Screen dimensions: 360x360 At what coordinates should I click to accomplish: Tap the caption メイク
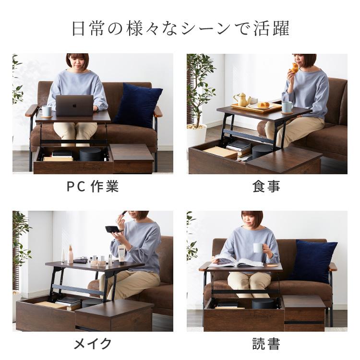point(92,344)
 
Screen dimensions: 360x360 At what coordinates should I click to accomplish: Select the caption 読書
point(266,344)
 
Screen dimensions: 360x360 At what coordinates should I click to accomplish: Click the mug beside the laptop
point(46,111)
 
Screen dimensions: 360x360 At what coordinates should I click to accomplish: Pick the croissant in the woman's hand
point(294,68)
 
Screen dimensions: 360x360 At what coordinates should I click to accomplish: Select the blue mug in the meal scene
point(287,107)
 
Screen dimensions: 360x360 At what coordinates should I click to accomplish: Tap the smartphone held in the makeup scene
point(112,229)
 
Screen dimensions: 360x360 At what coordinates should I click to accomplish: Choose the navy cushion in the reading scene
point(313,261)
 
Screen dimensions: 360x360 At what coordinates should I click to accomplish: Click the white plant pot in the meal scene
point(196,135)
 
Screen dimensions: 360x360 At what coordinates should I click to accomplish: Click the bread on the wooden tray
point(263,105)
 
